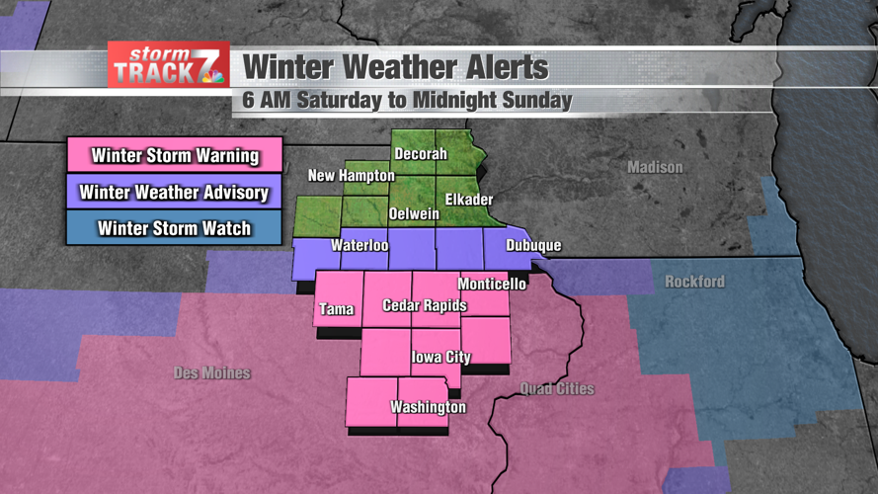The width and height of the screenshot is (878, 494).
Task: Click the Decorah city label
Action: (421, 154)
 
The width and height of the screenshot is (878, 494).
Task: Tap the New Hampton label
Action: (351, 176)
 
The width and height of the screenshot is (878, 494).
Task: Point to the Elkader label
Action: (468, 200)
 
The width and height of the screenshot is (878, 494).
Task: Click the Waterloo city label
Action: (359, 244)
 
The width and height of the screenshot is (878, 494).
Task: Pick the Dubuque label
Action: (533, 245)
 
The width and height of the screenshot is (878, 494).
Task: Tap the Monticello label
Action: (492, 284)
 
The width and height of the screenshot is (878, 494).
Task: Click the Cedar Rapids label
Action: (425, 305)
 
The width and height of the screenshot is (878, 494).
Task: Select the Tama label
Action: (336, 309)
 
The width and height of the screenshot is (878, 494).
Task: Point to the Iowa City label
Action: (440, 357)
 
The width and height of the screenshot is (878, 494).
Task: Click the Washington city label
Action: (428, 407)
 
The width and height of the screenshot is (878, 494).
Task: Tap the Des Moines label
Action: (211, 372)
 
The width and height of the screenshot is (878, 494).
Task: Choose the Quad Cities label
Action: (558, 388)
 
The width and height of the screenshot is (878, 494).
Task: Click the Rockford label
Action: (694, 282)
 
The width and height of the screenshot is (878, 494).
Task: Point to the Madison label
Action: (655, 168)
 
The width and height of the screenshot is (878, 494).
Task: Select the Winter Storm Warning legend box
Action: (175, 155)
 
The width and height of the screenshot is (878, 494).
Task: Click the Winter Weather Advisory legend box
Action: (175, 192)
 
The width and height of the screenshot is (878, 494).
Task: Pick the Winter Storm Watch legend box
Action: (175, 228)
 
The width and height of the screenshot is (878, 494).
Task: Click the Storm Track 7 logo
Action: (169, 65)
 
